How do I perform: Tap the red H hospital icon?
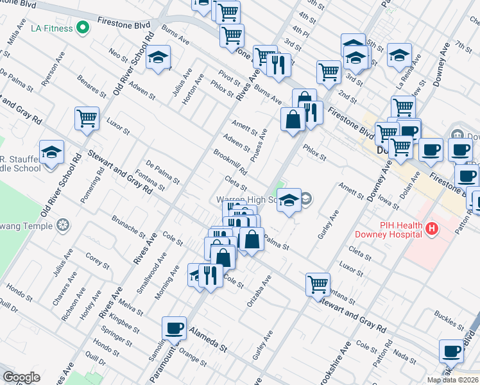click(x=433, y=228)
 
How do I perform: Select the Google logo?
click(x=21, y=377)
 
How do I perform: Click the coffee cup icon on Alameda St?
click(x=174, y=329)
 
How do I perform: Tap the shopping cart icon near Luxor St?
click(x=87, y=118)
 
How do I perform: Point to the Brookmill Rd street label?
click(x=230, y=163)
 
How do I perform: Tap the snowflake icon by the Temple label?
click(x=62, y=225)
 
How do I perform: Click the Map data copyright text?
click(x=452, y=380)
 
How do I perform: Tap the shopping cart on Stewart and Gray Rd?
click(x=318, y=284)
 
